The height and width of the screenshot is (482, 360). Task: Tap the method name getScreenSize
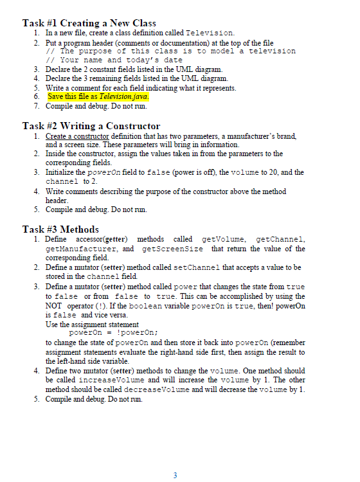[172, 248]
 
